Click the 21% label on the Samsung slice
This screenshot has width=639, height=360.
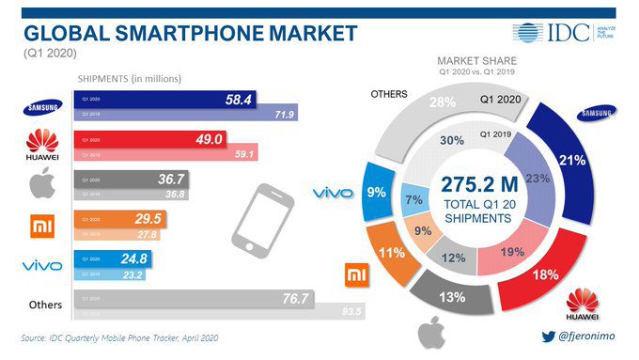click(591, 161)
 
